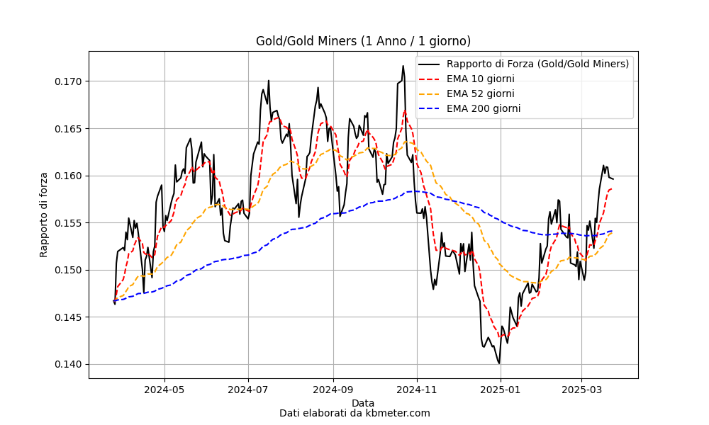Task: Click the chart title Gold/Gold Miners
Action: point(363,41)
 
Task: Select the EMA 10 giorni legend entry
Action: point(467,79)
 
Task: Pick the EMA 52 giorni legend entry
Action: point(467,94)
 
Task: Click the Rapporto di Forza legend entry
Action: point(524,64)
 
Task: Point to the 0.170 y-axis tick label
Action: point(68,81)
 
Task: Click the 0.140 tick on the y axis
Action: point(68,365)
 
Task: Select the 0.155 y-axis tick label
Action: point(68,223)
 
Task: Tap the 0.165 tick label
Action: point(68,129)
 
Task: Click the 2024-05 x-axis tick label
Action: point(164,390)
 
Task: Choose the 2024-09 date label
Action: point(333,390)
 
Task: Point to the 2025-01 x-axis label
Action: point(501,390)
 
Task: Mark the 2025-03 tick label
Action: point(581,390)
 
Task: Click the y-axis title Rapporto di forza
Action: point(43,215)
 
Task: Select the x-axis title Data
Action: point(363,403)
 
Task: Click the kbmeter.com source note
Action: point(355,413)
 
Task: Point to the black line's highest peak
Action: point(403,66)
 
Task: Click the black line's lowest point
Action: point(498,363)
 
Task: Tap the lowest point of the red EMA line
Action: point(500,336)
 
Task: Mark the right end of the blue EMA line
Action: point(613,231)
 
